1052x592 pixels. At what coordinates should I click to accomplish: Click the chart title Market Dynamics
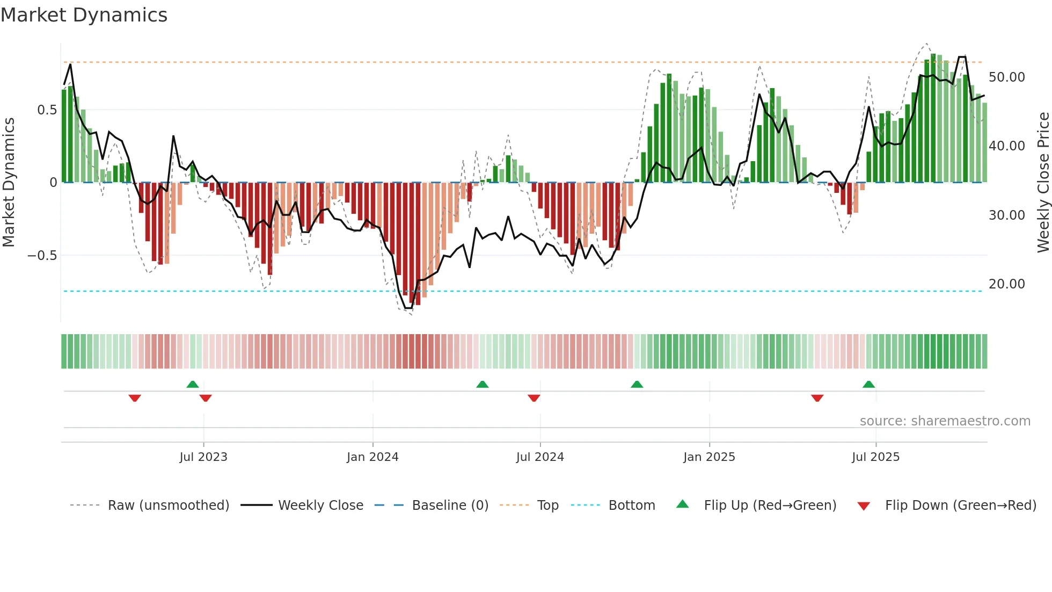point(84,15)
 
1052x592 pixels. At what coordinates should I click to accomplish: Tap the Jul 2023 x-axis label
point(203,457)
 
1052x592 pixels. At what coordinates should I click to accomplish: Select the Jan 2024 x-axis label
point(372,457)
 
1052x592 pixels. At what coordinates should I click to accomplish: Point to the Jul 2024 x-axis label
point(540,457)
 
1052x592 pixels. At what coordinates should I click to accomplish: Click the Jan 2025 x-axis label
point(709,457)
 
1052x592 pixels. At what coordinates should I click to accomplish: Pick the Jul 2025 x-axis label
point(875,457)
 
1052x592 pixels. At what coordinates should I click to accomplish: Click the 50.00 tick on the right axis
point(1006,77)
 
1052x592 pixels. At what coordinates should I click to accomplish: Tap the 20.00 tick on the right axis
point(1006,284)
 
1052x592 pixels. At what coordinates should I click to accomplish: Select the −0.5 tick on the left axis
point(42,256)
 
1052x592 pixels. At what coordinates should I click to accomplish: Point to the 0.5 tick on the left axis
point(47,110)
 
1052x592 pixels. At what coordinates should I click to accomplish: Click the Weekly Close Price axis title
point(1043,183)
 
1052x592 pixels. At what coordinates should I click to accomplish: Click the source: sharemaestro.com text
point(945,421)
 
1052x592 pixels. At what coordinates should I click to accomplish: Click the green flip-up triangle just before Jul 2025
point(868,384)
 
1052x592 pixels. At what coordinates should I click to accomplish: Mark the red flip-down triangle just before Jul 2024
point(534,398)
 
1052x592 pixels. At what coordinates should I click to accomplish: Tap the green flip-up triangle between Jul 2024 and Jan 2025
point(637,384)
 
